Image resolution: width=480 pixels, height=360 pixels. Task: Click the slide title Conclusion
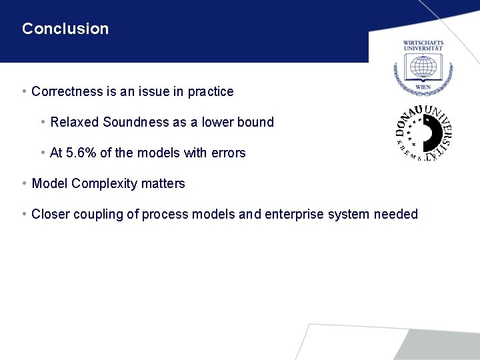point(65,29)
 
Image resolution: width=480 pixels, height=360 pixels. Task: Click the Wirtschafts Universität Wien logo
point(423,67)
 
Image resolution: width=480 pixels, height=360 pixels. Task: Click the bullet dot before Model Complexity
point(24,183)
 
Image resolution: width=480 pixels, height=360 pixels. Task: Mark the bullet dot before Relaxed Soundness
point(43,122)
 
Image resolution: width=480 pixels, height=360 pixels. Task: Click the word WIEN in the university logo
point(423,87)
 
